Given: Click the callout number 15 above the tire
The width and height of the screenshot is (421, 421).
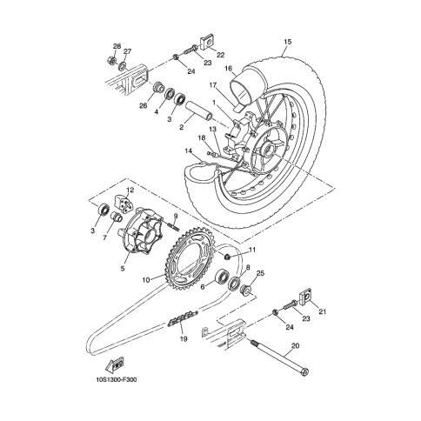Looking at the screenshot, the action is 287,42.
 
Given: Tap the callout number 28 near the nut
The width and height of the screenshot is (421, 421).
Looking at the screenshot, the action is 117,46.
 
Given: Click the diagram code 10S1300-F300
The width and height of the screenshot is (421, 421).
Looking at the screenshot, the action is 116,380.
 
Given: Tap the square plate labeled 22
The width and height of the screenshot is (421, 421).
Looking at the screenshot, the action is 206,43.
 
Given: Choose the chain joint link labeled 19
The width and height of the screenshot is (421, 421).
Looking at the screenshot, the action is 184,317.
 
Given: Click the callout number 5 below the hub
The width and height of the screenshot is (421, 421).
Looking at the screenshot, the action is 123,269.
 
